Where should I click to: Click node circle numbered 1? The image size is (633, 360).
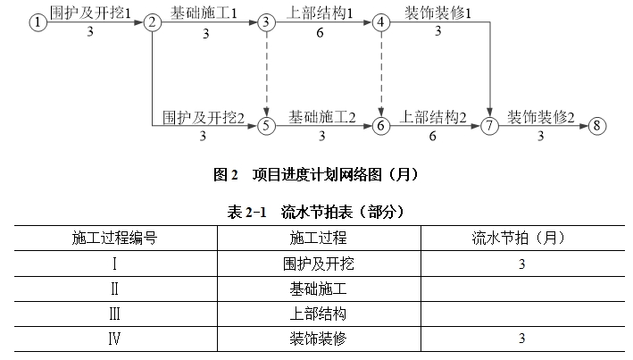(x=38, y=21)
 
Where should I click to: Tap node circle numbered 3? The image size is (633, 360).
(x=266, y=22)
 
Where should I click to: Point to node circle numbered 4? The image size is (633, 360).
(x=380, y=22)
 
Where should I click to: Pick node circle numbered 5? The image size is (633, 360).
(x=266, y=126)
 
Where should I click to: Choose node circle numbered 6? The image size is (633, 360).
(x=380, y=126)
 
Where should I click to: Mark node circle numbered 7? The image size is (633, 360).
(x=489, y=126)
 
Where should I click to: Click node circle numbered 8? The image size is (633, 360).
(x=597, y=126)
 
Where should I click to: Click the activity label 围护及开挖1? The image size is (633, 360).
(x=90, y=13)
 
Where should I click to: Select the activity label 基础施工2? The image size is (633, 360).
(x=321, y=117)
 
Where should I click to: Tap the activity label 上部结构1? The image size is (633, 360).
(x=320, y=13)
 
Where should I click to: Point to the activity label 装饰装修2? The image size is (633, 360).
(x=540, y=117)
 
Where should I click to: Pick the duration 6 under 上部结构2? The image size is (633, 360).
(x=432, y=136)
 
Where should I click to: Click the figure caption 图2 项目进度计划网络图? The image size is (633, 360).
(x=316, y=174)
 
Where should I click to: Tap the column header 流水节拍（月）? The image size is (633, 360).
(x=519, y=238)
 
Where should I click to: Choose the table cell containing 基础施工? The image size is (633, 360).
(x=318, y=289)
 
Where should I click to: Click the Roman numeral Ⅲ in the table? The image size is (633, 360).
(x=114, y=314)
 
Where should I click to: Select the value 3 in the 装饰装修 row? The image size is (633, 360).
(x=522, y=339)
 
